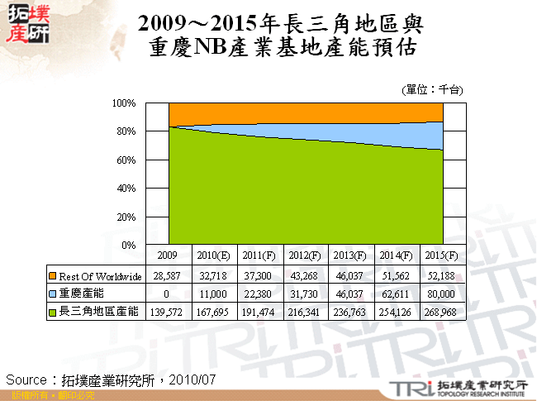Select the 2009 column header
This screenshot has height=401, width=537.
[169, 256]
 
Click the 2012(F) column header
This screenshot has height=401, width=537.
[304, 256]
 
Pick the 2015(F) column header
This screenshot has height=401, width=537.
[442, 256]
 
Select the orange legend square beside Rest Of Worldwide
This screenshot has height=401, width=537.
[53, 275]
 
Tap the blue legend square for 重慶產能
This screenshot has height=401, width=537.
[53, 294]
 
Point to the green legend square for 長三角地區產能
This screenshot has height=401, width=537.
[53, 312]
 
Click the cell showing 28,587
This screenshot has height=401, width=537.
[169, 275]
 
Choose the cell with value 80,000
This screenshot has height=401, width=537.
[442, 294]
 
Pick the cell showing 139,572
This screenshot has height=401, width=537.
[169, 312]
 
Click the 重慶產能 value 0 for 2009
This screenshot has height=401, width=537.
[169, 294]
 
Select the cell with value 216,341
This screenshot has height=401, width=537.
[304, 312]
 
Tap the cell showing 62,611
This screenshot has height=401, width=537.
[397, 294]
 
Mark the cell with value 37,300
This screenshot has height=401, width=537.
[259, 275]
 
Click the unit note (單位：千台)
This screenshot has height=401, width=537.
[431, 88]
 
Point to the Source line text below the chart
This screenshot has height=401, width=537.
[112, 379]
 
